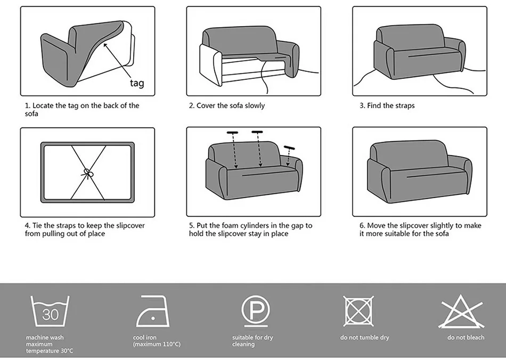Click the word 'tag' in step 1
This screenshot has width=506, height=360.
[x=136, y=83]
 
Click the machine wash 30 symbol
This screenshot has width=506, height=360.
[x=50, y=313]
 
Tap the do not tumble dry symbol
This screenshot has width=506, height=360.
[x=358, y=311]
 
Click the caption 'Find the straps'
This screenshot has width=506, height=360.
[x=390, y=105]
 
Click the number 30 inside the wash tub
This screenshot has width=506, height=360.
[x=50, y=315]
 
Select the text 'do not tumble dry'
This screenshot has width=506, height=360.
[x=364, y=338]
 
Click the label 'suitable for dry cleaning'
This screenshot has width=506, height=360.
[x=252, y=341]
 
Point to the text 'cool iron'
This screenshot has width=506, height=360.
[x=145, y=338]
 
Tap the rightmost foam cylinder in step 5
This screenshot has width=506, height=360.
[x=289, y=148]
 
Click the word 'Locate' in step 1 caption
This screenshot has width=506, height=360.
[x=42, y=105]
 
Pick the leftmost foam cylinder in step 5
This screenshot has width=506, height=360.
[x=232, y=132]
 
